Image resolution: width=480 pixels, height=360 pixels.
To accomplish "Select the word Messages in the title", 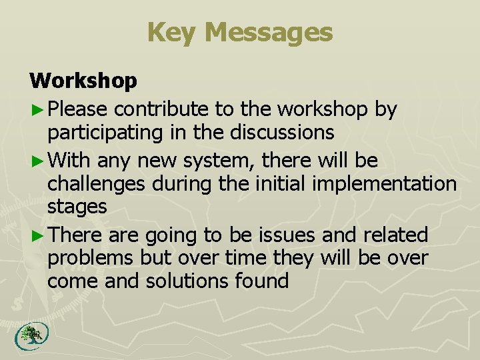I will click(x=269, y=32).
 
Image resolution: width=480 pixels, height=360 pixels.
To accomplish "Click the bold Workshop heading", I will click(x=83, y=81).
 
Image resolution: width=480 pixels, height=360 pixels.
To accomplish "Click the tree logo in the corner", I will click(x=28, y=335).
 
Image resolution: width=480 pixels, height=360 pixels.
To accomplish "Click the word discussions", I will click(x=282, y=133).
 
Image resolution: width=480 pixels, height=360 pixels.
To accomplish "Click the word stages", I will click(x=77, y=207).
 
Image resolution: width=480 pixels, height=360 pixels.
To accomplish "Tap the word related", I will click(x=398, y=235).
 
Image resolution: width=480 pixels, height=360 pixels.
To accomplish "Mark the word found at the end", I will click(x=266, y=281).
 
